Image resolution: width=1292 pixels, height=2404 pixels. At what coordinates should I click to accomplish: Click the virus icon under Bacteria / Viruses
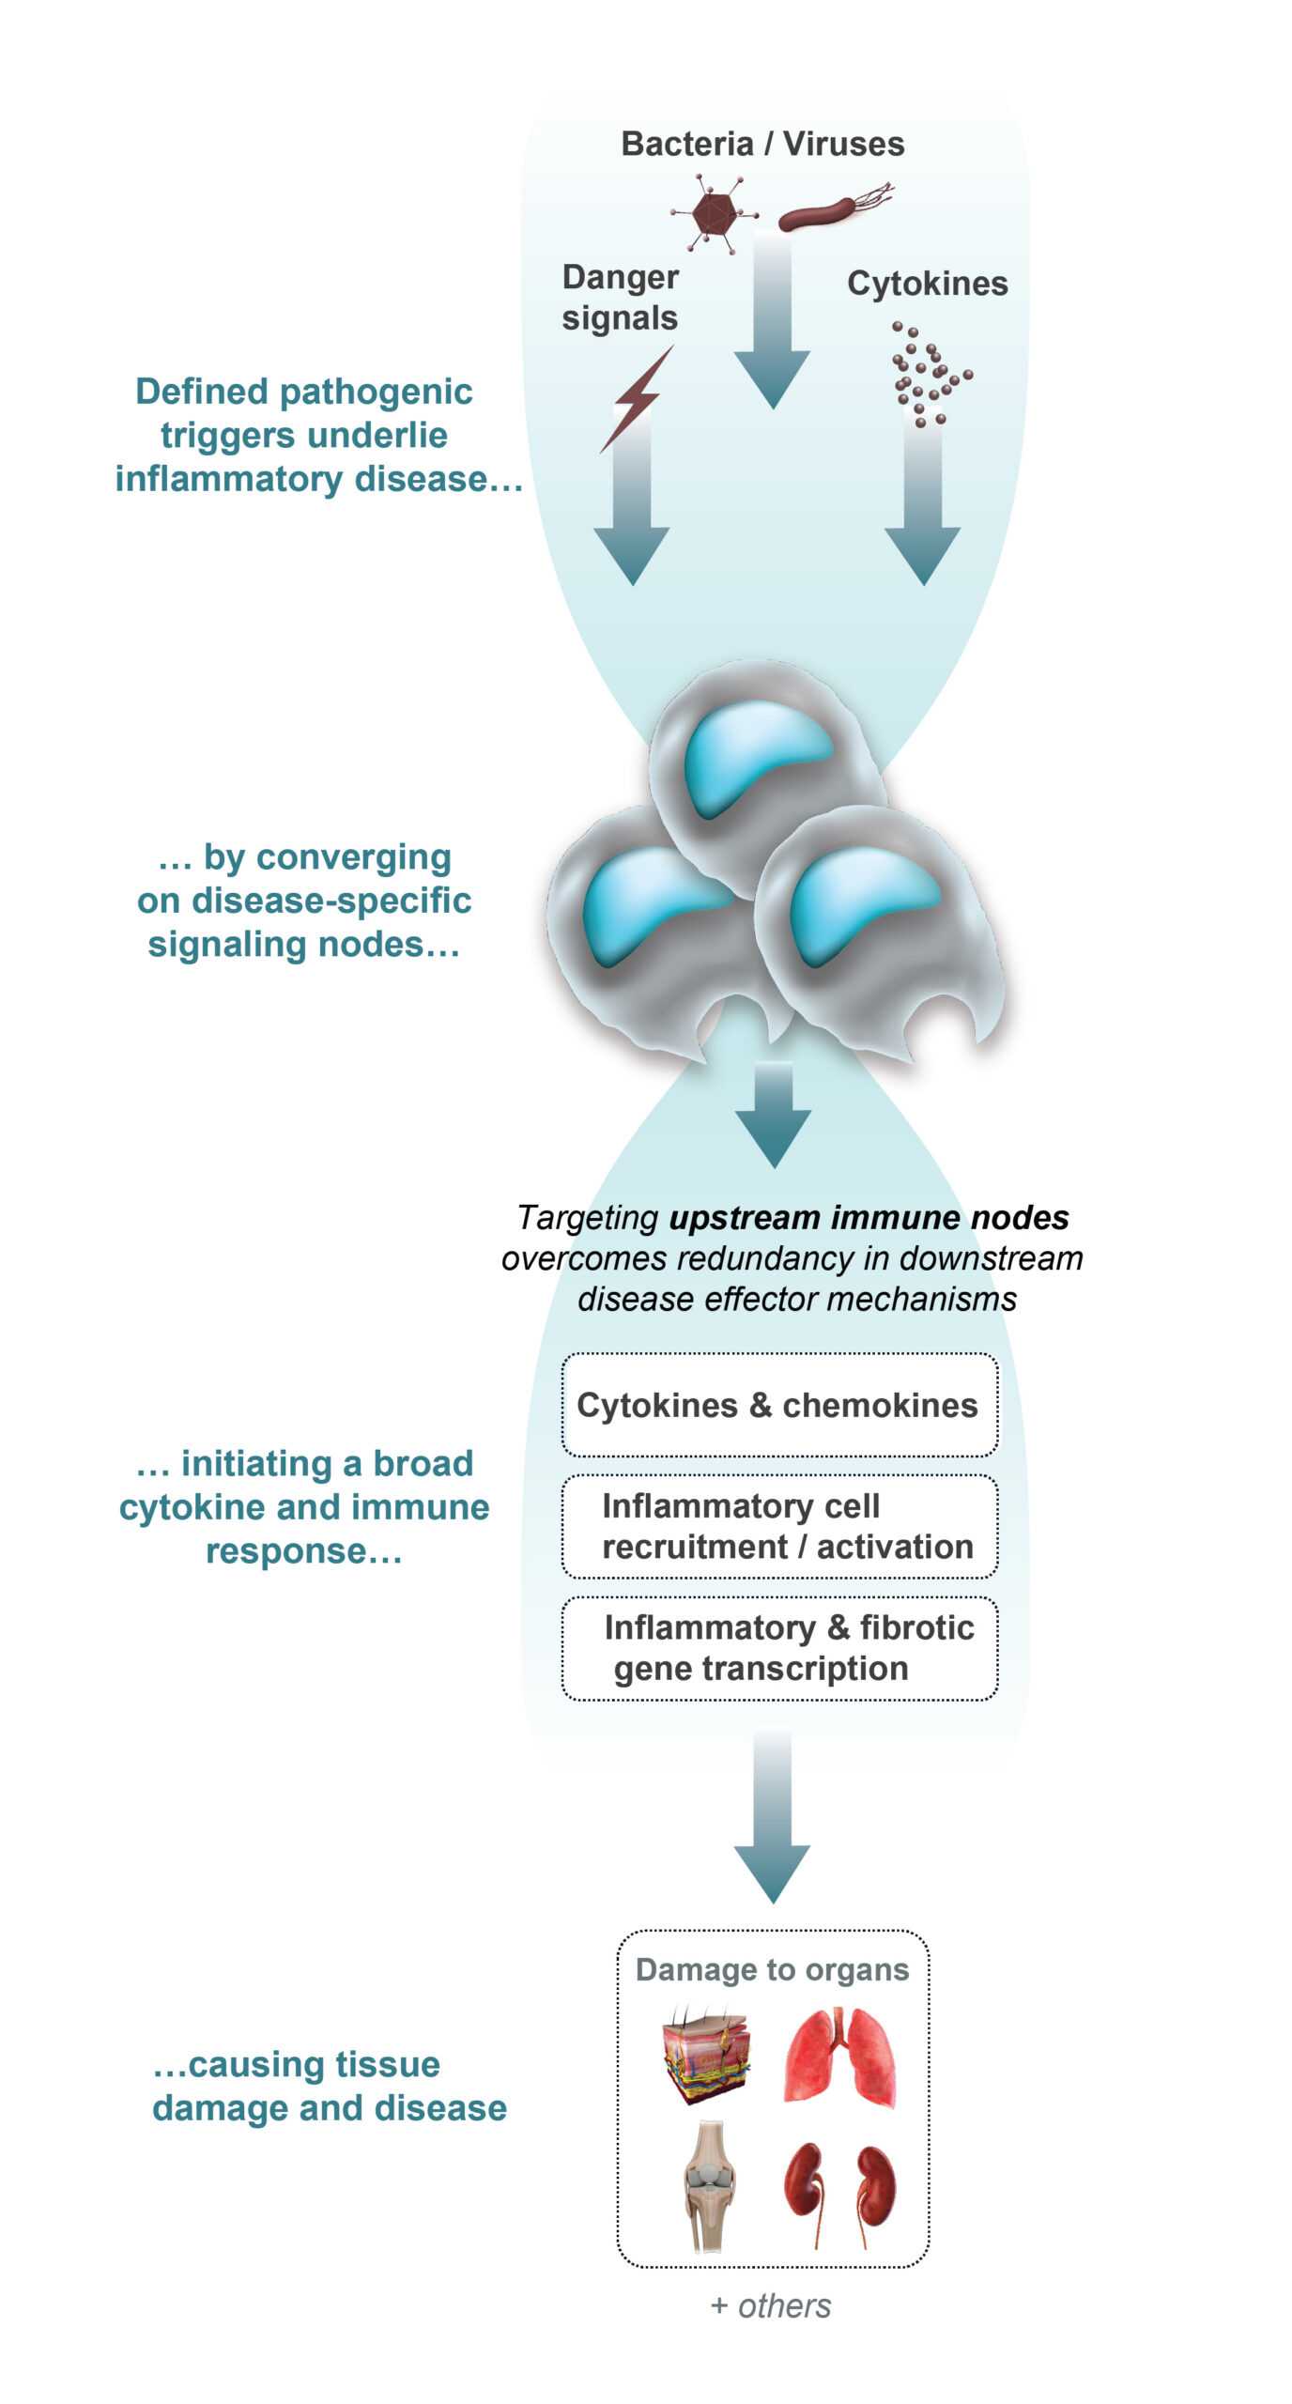coord(714,215)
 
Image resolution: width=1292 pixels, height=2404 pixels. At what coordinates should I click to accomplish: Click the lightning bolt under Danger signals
coord(637,398)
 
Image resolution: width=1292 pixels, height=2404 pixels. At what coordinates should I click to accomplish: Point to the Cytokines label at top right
coord(927,284)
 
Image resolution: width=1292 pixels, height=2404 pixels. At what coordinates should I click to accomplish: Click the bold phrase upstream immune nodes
coord(869,1218)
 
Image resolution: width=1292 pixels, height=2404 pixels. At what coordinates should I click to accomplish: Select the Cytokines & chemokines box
coord(778,1405)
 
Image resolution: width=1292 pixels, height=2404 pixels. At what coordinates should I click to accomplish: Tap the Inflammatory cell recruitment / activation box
coord(778,1526)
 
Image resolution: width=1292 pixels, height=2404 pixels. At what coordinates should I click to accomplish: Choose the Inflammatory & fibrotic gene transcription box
coord(778,1648)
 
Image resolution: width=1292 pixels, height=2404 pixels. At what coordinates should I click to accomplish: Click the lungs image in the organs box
coord(840,2058)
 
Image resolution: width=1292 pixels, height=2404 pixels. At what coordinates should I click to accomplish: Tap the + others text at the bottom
coord(771,2306)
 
